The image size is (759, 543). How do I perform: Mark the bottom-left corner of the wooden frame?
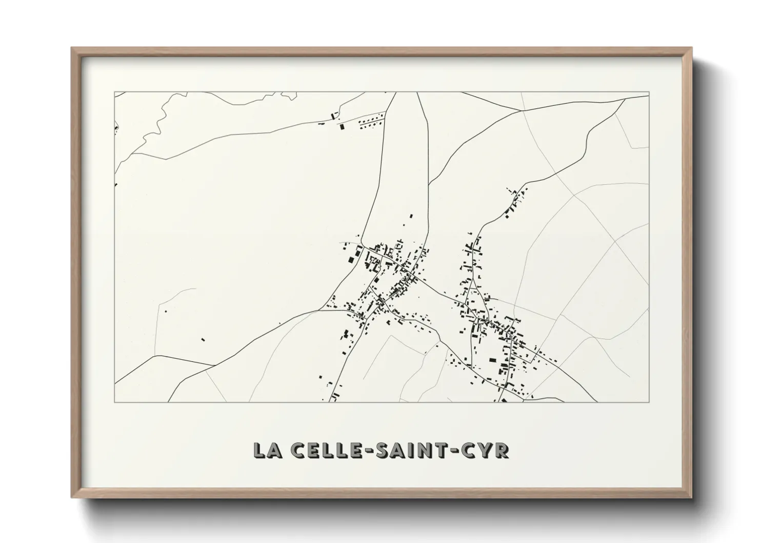coord(72,497)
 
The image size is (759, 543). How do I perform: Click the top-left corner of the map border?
coord(114,92)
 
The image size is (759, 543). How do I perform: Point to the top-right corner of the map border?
coord(649,92)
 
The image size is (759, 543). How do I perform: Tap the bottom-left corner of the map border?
coord(114,402)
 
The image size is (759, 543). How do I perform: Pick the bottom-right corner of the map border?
coord(649,402)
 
